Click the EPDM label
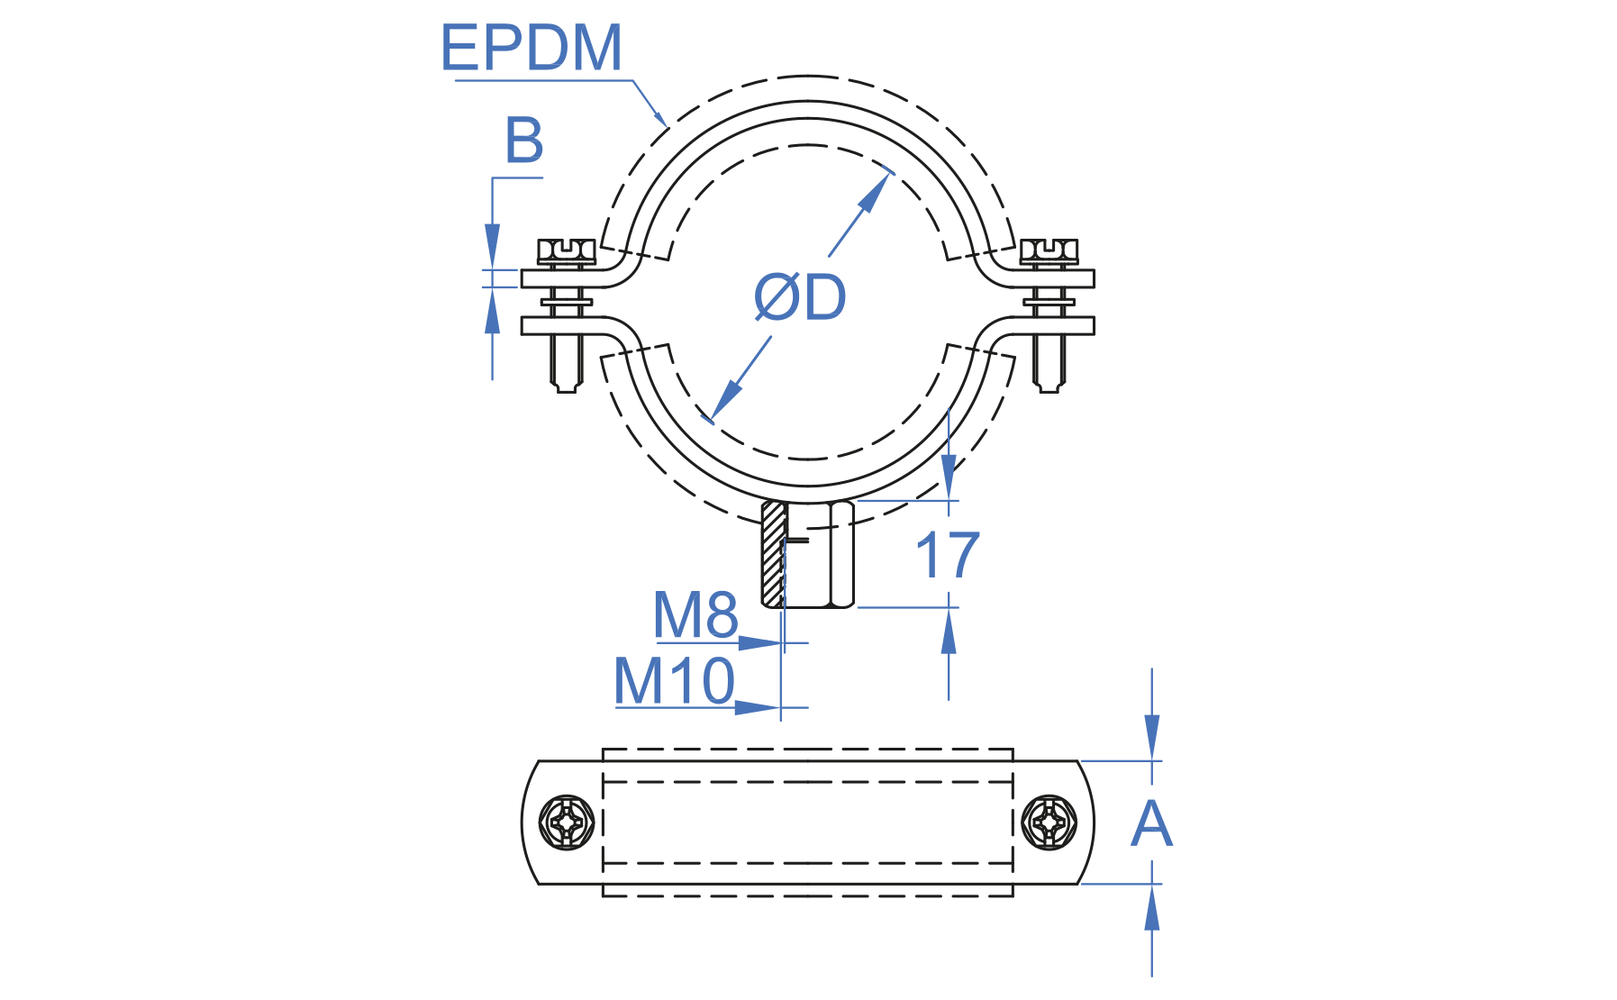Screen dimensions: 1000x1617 click(531, 48)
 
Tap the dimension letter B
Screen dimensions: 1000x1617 click(523, 141)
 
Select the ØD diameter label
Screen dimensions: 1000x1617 click(800, 297)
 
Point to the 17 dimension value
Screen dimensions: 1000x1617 click(947, 556)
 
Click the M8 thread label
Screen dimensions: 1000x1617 click(695, 615)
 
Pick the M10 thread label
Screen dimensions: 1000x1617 click(674, 681)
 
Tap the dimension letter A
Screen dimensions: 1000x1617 click(1151, 824)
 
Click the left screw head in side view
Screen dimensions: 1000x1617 click(566, 250)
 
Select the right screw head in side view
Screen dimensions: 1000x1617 click(1049, 250)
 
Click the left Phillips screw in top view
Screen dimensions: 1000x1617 click(567, 822)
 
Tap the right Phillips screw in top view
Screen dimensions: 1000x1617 click(1049, 822)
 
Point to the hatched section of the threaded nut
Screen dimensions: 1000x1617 click(773, 553)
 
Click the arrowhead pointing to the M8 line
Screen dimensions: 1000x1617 click(759, 643)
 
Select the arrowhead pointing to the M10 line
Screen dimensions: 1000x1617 click(756, 708)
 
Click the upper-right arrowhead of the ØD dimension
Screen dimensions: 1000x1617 click(874, 192)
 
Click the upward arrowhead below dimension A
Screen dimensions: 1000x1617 click(1152, 908)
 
